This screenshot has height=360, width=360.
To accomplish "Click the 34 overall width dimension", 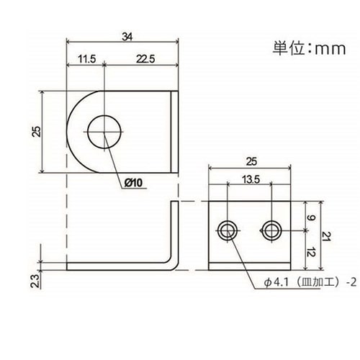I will pos(127,37).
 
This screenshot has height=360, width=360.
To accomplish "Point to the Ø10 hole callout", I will pos(134,183).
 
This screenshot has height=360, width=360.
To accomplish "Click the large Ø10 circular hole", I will pos(105,133).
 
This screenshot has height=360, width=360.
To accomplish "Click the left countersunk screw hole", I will pos(228,230).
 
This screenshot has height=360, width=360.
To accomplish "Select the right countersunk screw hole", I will pos(271,230).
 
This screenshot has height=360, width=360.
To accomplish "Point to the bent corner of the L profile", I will pos(173,263).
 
